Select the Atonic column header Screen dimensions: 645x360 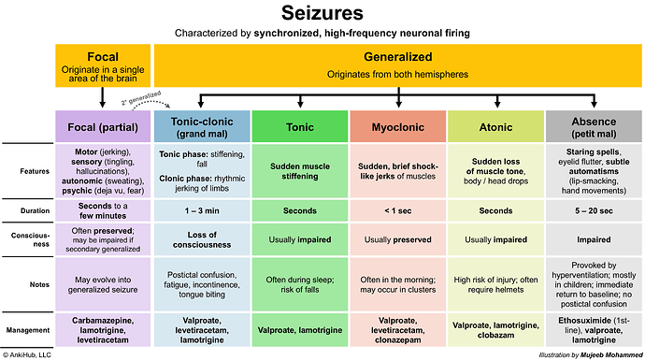[494, 126]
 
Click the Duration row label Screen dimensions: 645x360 [28, 210]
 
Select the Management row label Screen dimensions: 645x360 [28, 329]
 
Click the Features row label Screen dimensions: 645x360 [28, 170]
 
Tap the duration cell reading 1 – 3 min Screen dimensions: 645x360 [203, 210]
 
